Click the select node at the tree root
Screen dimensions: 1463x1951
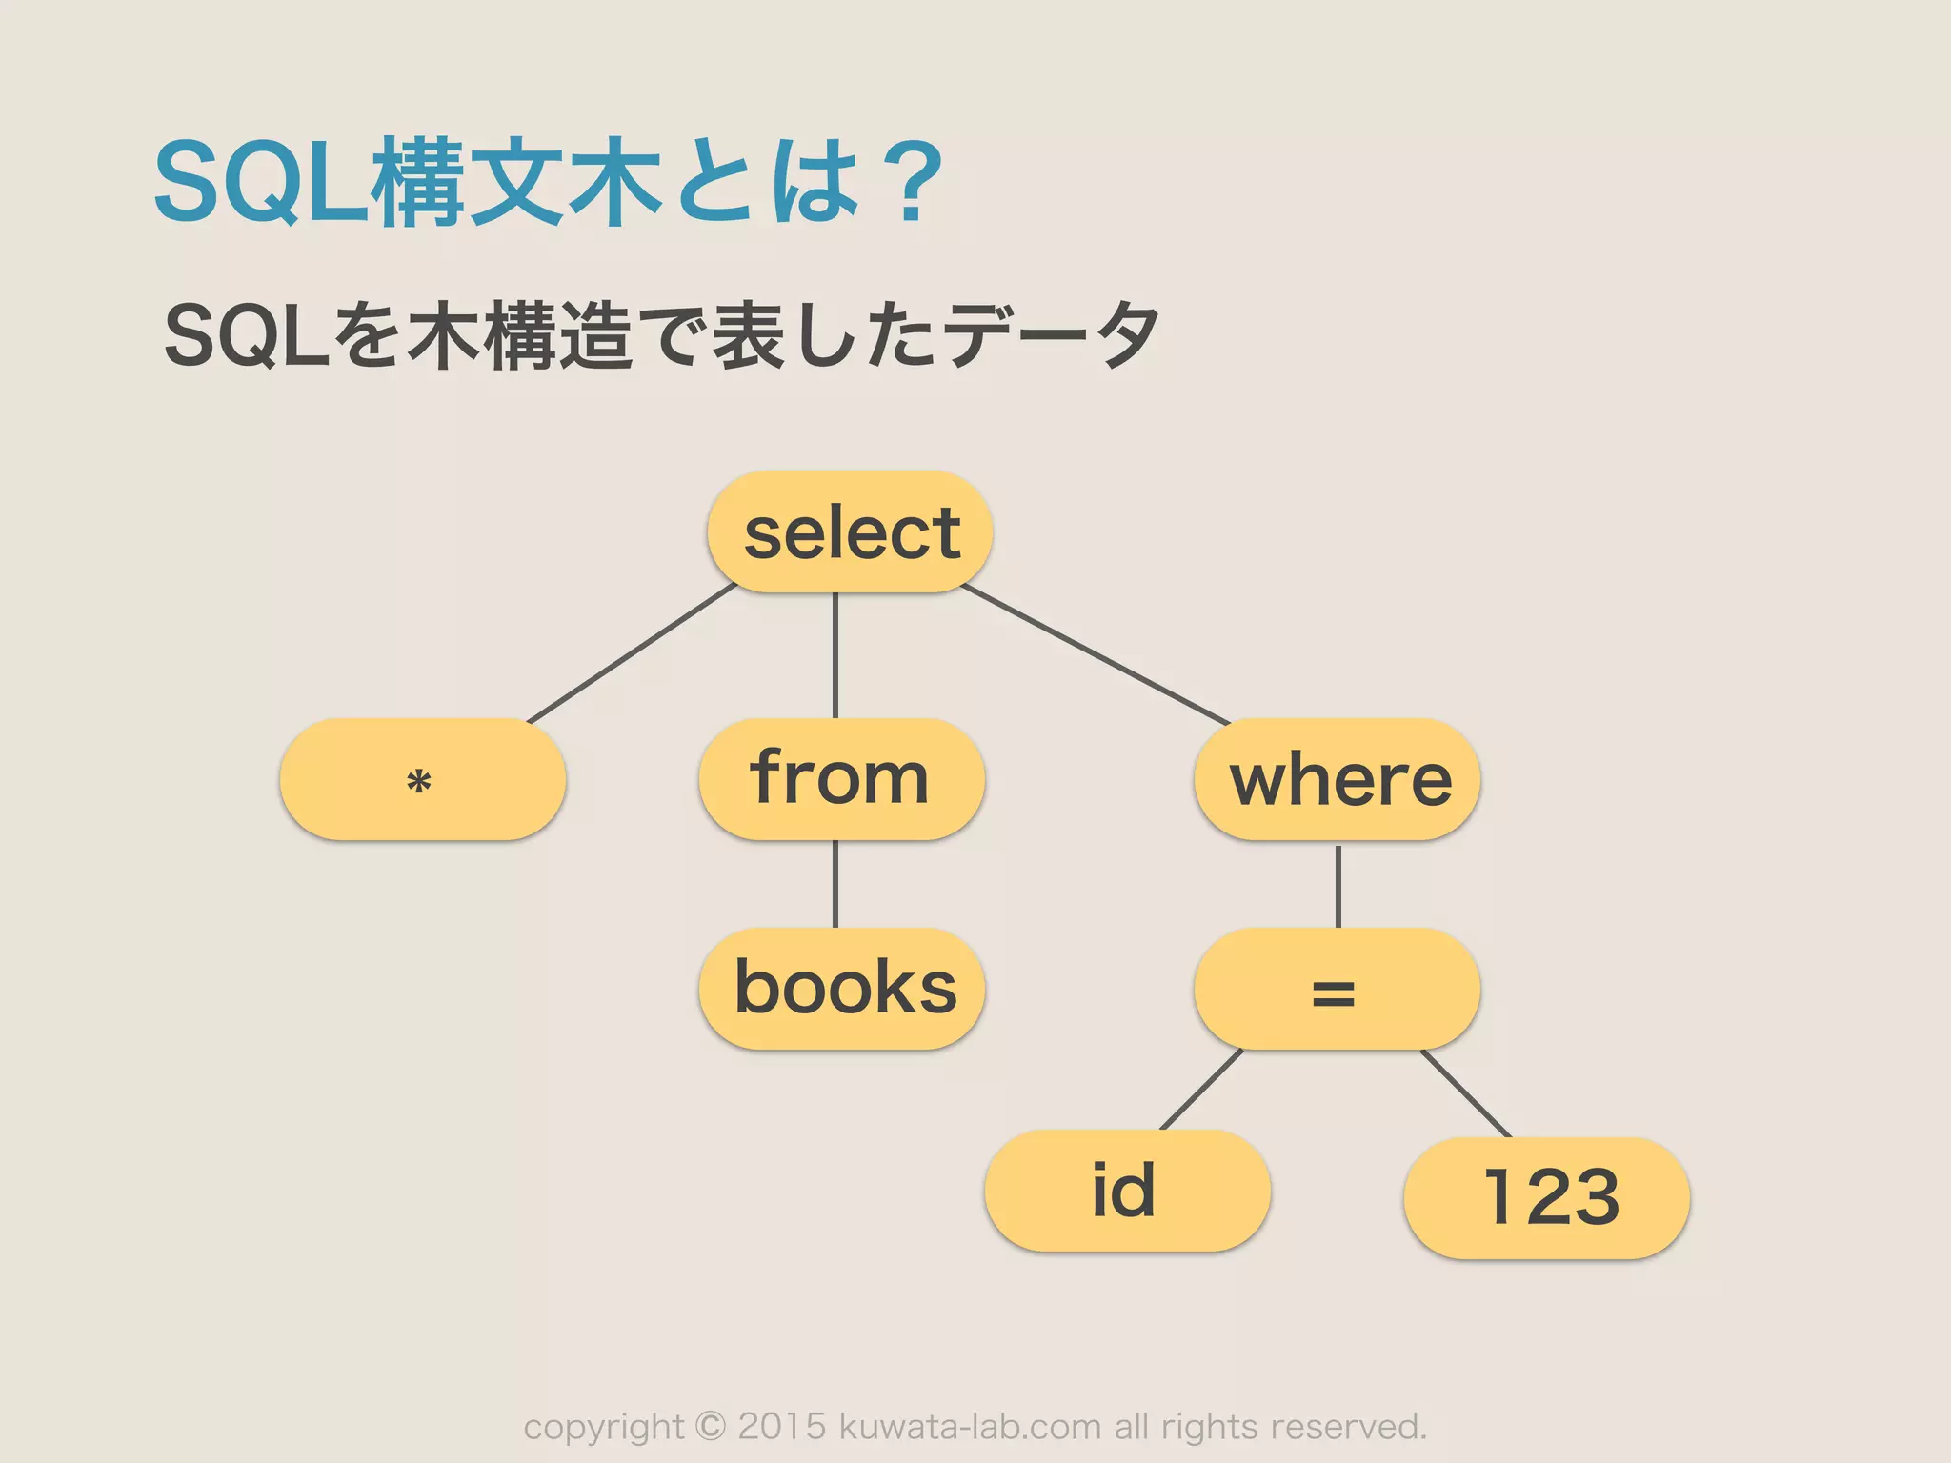850,531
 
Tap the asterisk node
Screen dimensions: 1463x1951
422,780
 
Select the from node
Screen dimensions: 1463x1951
841,780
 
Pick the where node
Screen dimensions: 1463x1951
1337,780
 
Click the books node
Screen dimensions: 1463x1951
841,989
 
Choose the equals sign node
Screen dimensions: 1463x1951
1337,990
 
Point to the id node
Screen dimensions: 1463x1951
1127,1191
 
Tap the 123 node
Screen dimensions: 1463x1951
1546,1197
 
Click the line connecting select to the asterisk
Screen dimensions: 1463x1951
631,654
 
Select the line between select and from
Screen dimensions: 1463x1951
835,655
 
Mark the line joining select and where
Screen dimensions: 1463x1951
1096,655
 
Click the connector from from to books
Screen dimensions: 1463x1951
835,884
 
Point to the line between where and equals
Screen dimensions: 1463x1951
1338,886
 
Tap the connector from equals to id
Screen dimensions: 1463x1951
1201,1090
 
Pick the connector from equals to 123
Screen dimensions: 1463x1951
1465,1092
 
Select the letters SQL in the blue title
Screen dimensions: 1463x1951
261,183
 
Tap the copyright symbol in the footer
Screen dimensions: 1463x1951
710,1426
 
